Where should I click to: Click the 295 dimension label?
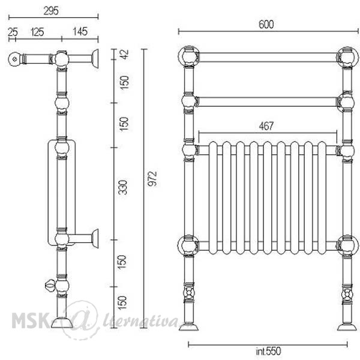(x=51, y=11)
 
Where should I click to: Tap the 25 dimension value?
(x=13, y=32)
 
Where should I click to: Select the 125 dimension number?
(x=37, y=32)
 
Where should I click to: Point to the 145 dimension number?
(x=80, y=32)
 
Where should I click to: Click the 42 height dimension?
(x=125, y=55)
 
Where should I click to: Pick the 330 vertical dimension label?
(x=123, y=188)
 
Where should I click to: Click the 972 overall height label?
(x=152, y=179)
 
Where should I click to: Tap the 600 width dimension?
(x=266, y=25)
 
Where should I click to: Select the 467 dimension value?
(x=266, y=126)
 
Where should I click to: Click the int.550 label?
(x=268, y=351)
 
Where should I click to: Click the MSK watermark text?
(x=29, y=320)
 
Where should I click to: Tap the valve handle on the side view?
(x=50, y=286)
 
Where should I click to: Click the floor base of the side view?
(x=62, y=323)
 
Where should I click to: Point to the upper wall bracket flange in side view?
(x=95, y=59)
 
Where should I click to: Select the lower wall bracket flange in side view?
(x=95, y=239)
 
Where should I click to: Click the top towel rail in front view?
(x=268, y=58)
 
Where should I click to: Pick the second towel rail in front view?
(x=268, y=102)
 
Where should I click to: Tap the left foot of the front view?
(x=188, y=327)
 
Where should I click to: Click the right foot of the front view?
(x=347, y=327)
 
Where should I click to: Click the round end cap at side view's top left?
(x=14, y=59)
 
